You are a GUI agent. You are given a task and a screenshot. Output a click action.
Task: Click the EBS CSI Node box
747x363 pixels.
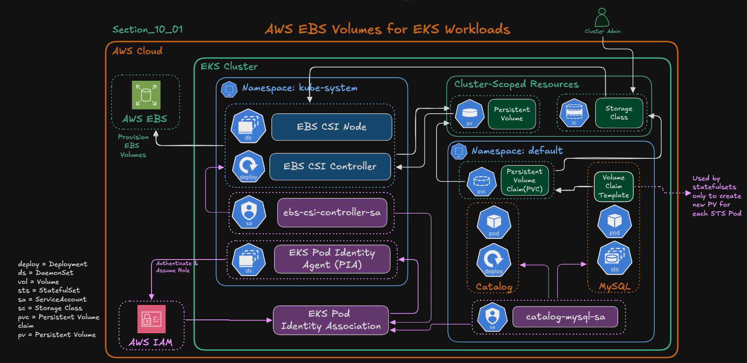point(332,127)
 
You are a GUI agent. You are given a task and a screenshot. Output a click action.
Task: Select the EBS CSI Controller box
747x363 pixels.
point(330,167)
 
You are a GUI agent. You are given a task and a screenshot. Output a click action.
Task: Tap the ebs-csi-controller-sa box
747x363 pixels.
point(332,212)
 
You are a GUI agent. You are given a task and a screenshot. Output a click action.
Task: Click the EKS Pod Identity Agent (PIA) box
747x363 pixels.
point(332,259)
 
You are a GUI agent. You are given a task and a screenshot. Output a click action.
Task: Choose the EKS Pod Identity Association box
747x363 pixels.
point(331,320)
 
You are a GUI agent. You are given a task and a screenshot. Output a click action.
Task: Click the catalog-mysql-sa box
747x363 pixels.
point(565,317)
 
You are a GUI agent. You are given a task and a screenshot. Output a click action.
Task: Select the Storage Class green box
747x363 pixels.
point(619,113)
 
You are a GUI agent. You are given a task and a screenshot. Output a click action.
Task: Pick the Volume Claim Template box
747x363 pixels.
point(613,187)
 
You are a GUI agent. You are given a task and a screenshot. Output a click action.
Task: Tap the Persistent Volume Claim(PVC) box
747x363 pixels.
point(524,180)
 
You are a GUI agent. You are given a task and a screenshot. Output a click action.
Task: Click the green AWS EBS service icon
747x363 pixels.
point(146,95)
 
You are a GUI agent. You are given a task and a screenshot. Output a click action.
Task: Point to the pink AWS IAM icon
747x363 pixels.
point(152,319)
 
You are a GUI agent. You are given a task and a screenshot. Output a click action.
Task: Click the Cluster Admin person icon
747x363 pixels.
point(602,18)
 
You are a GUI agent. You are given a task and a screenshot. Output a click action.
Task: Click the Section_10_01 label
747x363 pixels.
point(148,29)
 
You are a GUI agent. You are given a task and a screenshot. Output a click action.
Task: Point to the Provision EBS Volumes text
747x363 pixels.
point(133,146)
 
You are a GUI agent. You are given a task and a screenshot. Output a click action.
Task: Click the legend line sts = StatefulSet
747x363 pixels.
point(49,290)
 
